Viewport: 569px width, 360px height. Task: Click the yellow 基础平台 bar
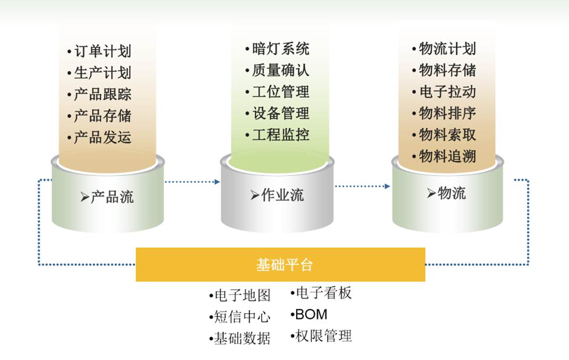pos(280,264)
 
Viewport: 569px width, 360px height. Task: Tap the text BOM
pos(311,314)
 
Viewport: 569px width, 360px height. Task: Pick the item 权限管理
pos(323,336)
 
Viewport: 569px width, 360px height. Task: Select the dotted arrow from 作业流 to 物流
pos(362,186)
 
